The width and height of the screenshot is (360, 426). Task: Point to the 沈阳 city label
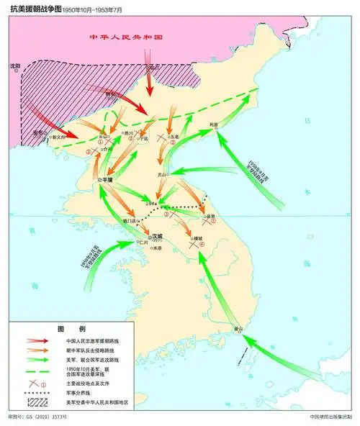[x=14, y=65]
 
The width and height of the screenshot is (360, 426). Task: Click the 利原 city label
[x=213, y=124]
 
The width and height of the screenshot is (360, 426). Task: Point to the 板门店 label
[x=129, y=221]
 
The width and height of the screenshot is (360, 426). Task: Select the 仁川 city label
[x=143, y=243]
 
